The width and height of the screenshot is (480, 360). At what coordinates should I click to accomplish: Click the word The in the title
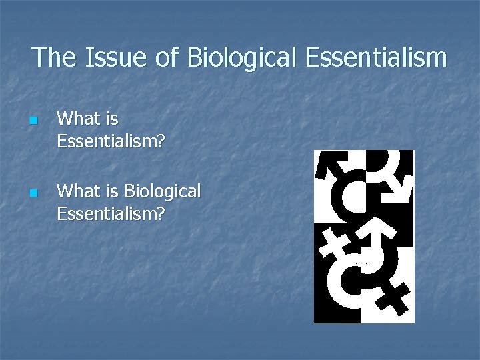tap(53, 57)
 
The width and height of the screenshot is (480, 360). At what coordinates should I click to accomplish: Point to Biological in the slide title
tap(243, 59)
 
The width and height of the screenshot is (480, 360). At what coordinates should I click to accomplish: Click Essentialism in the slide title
tap(377, 57)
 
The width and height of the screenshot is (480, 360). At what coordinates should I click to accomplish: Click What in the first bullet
tap(77, 119)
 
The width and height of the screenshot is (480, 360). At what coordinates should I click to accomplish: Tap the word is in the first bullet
tap(111, 119)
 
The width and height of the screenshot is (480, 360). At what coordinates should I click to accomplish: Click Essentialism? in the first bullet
tap(111, 141)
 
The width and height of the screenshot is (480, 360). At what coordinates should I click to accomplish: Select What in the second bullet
tap(77, 191)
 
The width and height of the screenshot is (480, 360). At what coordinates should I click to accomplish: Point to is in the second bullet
tap(111, 191)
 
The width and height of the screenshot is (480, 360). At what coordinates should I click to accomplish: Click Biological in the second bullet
tap(163, 193)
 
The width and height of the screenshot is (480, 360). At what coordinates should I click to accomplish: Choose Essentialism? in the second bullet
tap(111, 214)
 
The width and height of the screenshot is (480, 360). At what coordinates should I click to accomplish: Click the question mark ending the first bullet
tap(160, 141)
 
